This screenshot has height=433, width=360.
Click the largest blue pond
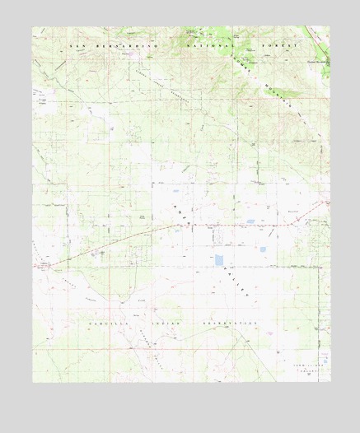coord(219,260)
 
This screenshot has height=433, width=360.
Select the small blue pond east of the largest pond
coord(265,250)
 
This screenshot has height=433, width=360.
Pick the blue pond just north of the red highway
coord(250,221)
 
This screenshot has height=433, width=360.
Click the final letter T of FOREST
coord(294,47)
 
